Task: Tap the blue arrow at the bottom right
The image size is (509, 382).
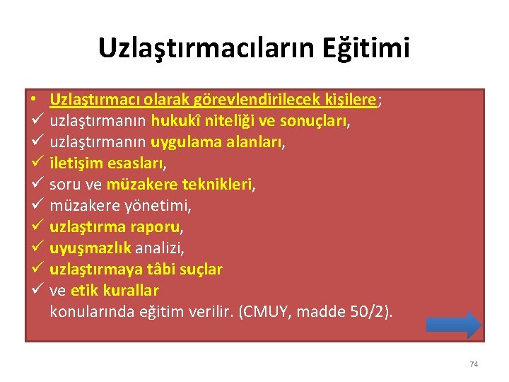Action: [x=454, y=325]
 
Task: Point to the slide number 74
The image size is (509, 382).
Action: [x=474, y=364]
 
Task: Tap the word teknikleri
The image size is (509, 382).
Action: [x=218, y=185]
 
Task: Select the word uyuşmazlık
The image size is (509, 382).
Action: [x=90, y=248]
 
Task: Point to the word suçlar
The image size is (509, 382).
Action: [x=201, y=270]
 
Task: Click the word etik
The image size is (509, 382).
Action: [x=85, y=291]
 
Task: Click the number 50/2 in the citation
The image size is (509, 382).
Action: [x=367, y=312]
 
